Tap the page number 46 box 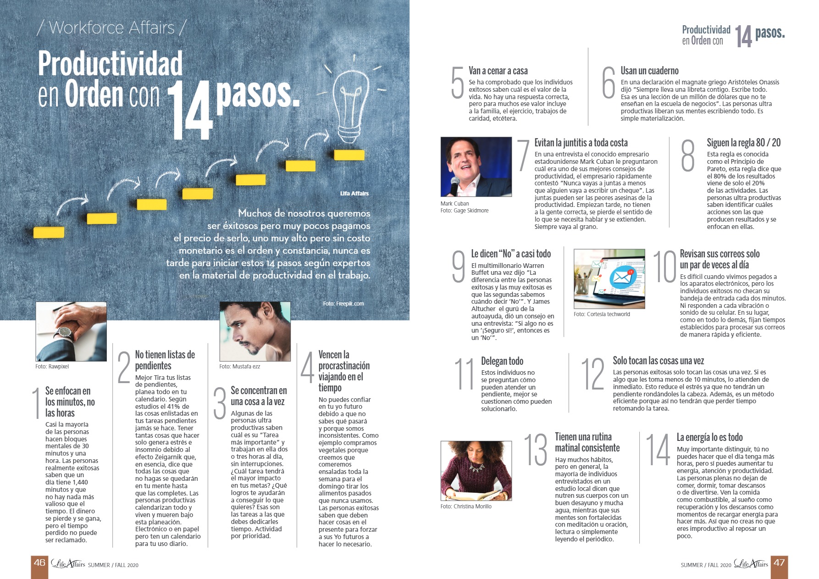tap(39, 563)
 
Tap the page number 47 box tap(779, 563)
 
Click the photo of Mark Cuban tap(476, 167)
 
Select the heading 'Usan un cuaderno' tap(649, 71)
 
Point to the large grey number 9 tap(459, 267)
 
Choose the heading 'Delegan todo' tap(502, 361)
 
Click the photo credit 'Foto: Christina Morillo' tap(466, 507)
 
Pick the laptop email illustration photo tap(609, 279)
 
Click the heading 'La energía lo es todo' tap(709, 437)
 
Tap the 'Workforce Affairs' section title tap(112, 28)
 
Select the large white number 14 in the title tap(190, 111)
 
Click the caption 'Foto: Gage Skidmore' tap(465, 211)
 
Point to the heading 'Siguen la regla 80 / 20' tap(743, 143)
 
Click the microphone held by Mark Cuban tap(455, 185)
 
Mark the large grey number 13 tap(536, 450)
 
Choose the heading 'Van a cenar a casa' tap(498, 71)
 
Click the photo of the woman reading tap(476, 471)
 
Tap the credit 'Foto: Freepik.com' tap(343, 304)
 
